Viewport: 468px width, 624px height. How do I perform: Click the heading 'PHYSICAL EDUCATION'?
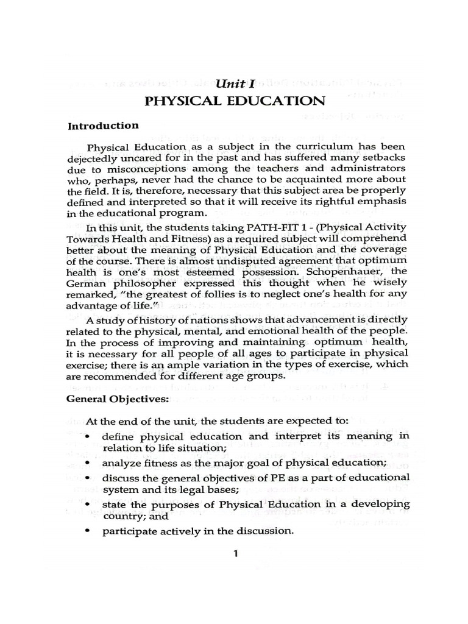(x=233, y=101)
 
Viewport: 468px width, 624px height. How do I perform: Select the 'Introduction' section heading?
(x=102, y=126)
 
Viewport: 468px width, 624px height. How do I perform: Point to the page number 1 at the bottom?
(x=235, y=553)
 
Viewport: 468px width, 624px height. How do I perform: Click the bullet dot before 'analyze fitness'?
(x=90, y=462)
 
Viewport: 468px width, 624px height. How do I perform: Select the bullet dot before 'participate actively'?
(x=90, y=531)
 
